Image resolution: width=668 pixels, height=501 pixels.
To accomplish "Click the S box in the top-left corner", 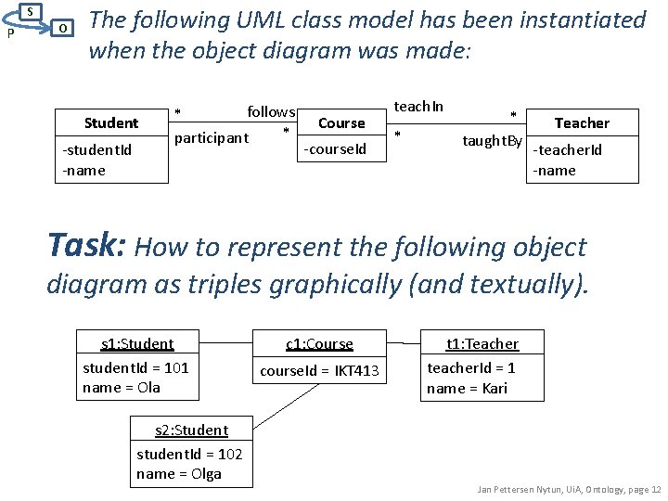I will pyautogui.click(x=30, y=11).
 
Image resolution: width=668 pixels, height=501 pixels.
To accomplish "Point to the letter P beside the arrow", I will pyautogui.click(x=8, y=33).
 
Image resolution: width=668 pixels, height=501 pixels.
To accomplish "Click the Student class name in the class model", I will pyautogui.click(x=111, y=122).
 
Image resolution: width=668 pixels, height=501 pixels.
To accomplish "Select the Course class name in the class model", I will pyautogui.click(x=341, y=122).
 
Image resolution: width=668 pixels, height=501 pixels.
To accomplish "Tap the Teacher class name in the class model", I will pyautogui.click(x=582, y=122).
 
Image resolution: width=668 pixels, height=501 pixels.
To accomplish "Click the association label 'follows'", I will pyautogui.click(x=271, y=112).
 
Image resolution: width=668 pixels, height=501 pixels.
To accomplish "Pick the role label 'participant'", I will pyautogui.click(x=212, y=138).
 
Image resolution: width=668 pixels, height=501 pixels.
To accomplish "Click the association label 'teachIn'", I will pyautogui.click(x=419, y=107).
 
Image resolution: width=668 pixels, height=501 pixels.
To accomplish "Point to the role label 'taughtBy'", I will pyautogui.click(x=493, y=140).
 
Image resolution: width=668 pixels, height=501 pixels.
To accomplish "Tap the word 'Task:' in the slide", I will pyautogui.click(x=88, y=245).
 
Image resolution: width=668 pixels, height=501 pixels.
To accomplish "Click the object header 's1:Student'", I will pyautogui.click(x=137, y=343).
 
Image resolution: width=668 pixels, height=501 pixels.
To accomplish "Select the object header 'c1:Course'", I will pyautogui.click(x=319, y=343).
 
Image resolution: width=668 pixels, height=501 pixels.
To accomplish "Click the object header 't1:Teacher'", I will pyautogui.click(x=482, y=343).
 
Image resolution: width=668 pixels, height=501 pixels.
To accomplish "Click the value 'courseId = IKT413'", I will pyautogui.click(x=319, y=371).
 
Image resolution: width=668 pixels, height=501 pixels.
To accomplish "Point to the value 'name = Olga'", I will pyautogui.click(x=179, y=473).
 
